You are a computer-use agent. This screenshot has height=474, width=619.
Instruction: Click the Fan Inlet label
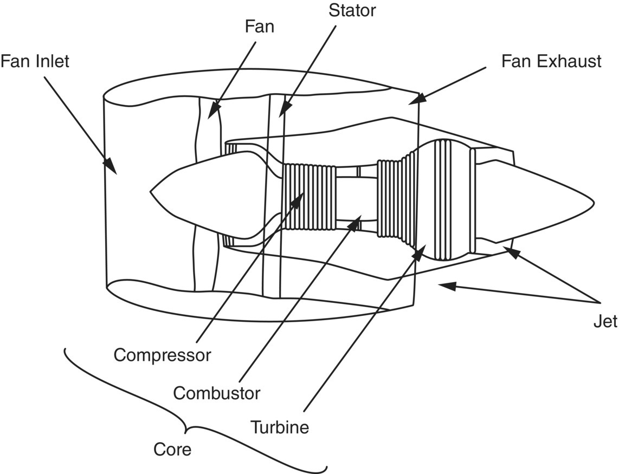click(35, 61)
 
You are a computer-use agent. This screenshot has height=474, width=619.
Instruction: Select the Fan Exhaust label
click(551, 61)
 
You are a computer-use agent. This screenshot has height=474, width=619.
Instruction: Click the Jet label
click(605, 321)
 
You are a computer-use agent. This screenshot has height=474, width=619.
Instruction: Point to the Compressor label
click(162, 355)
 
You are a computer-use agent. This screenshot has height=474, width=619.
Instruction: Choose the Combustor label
click(217, 393)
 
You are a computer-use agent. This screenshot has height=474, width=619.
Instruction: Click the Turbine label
click(280, 427)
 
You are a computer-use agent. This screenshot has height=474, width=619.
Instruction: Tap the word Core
click(172, 450)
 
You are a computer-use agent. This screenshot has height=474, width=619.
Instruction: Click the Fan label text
click(260, 27)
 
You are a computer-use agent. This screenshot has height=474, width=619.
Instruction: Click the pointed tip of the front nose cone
click(151, 191)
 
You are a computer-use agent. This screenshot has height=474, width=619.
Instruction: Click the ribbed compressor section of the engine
click(309, 197)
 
